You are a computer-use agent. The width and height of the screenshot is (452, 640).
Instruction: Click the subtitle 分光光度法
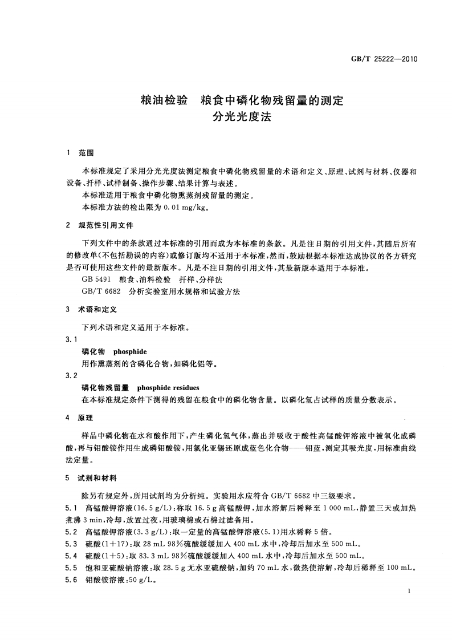[242, 119]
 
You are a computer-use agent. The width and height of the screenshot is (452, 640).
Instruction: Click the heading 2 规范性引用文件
[100, 225]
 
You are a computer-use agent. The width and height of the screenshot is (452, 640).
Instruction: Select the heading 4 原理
[80, 418]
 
